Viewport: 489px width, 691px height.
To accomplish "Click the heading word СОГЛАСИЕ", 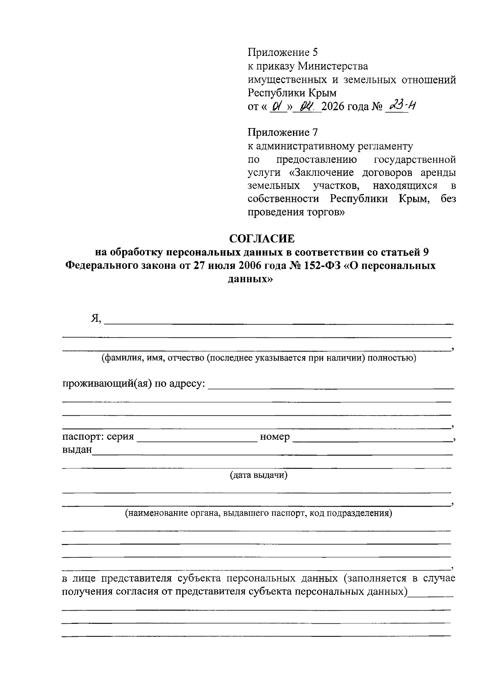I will pos(261,238).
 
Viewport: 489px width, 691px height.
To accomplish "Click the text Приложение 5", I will pos(282,52).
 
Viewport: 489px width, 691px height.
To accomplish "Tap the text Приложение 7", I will pos(282,133).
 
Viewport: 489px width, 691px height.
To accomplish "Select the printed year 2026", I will pos(333,107).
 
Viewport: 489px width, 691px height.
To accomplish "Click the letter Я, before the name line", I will pos(95,319).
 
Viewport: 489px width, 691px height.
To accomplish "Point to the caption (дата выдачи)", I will pos(259,475).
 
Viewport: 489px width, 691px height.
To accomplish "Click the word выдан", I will pos(77,450).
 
